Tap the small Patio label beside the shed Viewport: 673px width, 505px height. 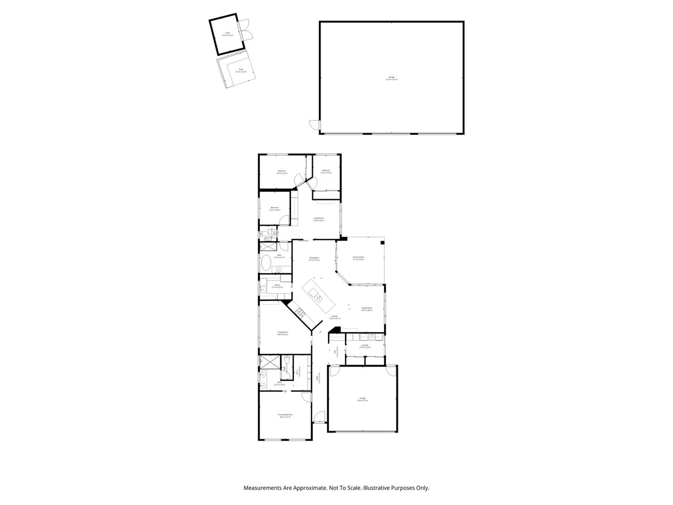click(x=241, y=71)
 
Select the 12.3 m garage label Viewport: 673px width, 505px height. click(x=392, y=78)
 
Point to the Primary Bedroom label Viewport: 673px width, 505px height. click(x=285, y=416)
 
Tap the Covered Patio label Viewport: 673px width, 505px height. click(x=358, y=258)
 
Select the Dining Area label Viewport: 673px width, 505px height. click(x=314, y=259)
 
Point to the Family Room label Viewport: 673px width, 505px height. click(x=367, y=309)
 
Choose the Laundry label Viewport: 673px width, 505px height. click(x=365, y=346)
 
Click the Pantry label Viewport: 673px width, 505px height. click(x=277, y=286)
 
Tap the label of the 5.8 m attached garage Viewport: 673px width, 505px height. click(x=362, y=399)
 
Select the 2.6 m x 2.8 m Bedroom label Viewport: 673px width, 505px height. click(x=274, y=209)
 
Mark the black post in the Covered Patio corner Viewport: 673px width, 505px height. click(x=382, y=242)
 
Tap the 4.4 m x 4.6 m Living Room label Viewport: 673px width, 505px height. click(x=282, y=333)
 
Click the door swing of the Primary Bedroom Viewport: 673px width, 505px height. click(x=306, y=397)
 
